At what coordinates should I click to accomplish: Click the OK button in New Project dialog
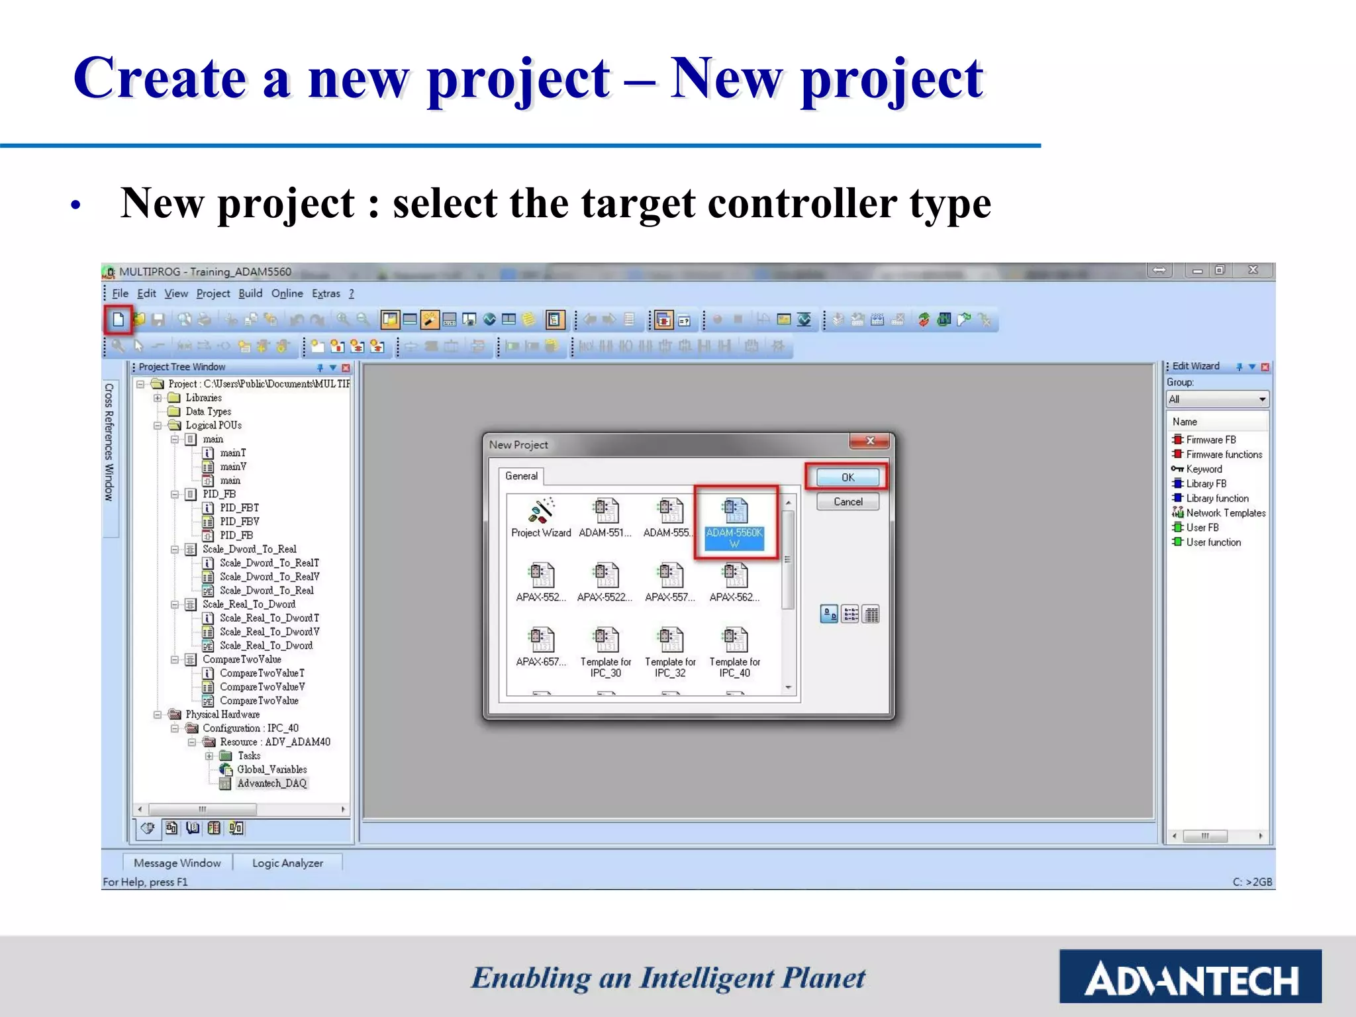click(x=847, y=477)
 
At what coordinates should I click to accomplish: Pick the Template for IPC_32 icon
click(x=670, y=642)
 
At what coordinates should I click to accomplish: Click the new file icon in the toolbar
click(x=119, y=320)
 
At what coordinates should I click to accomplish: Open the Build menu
click(x=250, y=293)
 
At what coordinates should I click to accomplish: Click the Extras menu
click(x=326, y=293)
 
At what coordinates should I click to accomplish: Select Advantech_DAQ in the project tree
click(x=271, y=783)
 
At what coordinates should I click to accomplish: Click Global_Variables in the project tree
click(x=271, y=769)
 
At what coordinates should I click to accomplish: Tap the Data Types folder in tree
click(x=208, y=411)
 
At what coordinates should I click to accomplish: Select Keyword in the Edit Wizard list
click(x=1204, y=469)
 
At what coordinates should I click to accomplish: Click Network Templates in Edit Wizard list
click(x=1225, y=512)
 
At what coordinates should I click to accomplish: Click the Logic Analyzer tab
click(x=287, y=863)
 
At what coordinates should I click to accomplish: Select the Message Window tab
click(x=177, y=863)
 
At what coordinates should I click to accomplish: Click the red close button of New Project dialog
click(x=870, y=441)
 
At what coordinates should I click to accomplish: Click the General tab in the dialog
click(x=521, y=475)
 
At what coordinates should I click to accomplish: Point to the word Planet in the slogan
click(x=824, y=978)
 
